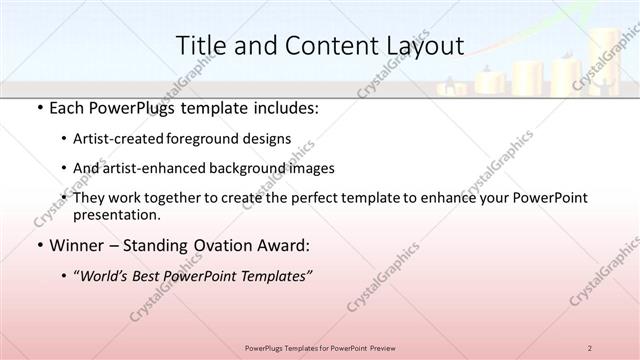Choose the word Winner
pos(76,245)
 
